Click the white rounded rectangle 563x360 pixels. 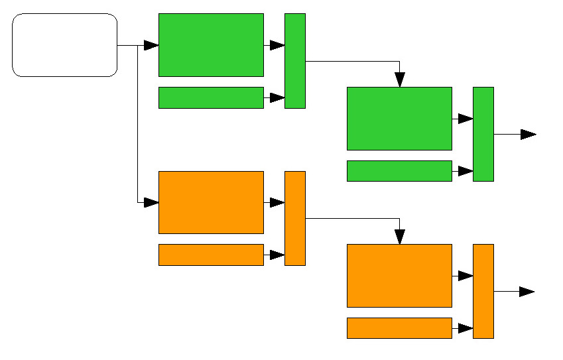[x=65, y=45]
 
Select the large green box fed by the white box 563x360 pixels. [x=211, y=45]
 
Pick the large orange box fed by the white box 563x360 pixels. [x=211, y=202]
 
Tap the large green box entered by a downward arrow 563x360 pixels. [x=399, y=119]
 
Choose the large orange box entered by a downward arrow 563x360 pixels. [x=399, y=276]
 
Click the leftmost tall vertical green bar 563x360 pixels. [x=295, y=61]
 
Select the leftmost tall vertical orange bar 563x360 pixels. [x=295, y=218]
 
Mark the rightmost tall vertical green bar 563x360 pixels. [x=483, y=134]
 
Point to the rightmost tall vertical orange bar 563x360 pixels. [x=483, y=291]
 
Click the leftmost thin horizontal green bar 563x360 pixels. [x=211, y=97]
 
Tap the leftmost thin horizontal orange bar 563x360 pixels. [x=211, y=255]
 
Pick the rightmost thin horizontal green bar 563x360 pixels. [x=399, y=171]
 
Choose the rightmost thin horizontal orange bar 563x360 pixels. [x=399, y=328]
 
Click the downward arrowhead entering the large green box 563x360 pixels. [x=399, y=80]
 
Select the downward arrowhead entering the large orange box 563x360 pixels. [x=399, y=237]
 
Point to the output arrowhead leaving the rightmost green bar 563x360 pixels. [x=528, y=134]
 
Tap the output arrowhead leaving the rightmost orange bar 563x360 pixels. [x=527, y=292]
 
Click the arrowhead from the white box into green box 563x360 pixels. [x=151, y=45]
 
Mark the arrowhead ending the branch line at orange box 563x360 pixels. [x=151, y=202]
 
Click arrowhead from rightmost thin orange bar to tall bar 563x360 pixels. [x=466, y=328]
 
